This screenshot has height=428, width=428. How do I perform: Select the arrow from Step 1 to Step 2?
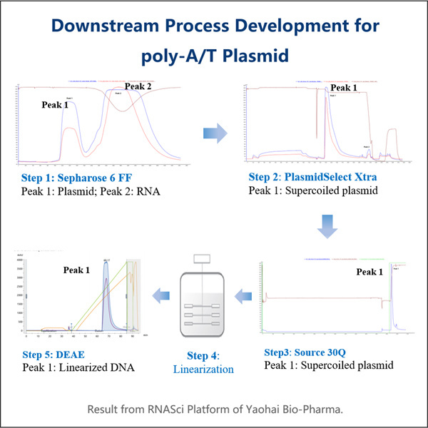coord(214,132)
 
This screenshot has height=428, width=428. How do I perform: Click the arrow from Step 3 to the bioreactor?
coord(242,291)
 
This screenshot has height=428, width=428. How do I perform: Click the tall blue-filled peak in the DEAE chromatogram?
coord(106,300)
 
